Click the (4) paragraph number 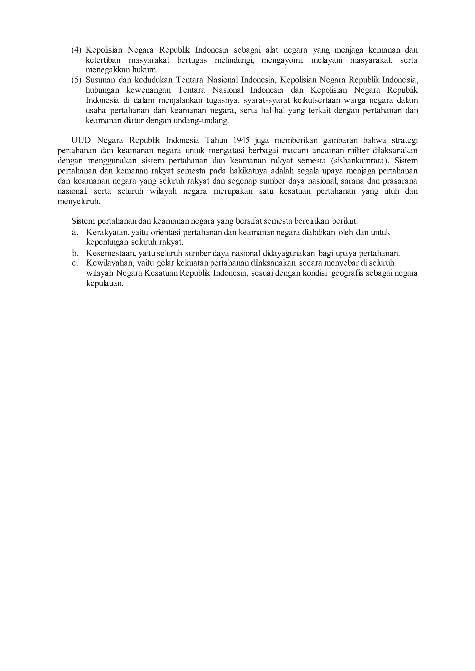point(76,50)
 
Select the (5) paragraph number point(76,80)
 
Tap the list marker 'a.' point(75,233)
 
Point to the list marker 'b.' point(75,253)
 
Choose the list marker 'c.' point(75,263)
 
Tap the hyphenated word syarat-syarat point(266,100)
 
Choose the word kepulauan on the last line point(105,283)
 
